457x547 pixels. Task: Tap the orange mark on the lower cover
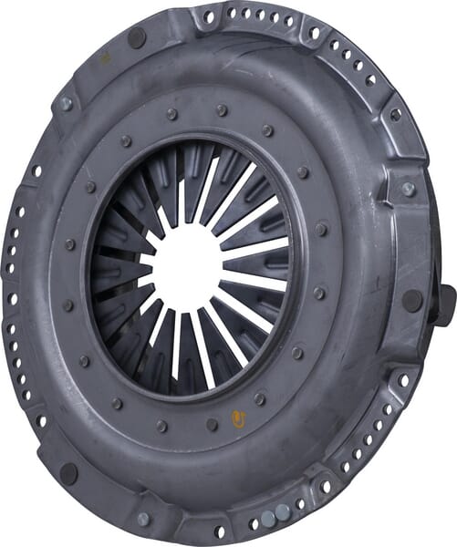pos(240,418)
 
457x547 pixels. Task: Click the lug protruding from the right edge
pos(445,305)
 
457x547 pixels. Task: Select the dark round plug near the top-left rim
pos(137,38)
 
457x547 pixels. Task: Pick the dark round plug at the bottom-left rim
pos(68,473)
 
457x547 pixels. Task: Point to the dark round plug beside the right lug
pos(412,300)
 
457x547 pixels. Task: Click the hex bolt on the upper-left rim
pos(65,104)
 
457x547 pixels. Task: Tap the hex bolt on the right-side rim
pos(409,189)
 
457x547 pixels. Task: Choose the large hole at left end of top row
pos(209,16)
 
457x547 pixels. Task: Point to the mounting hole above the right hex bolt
pos(395,115)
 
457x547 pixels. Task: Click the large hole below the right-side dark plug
pos(403,377)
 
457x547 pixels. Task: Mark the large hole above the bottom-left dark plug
pos(41,421)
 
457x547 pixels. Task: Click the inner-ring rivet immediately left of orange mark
pos(212,424)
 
